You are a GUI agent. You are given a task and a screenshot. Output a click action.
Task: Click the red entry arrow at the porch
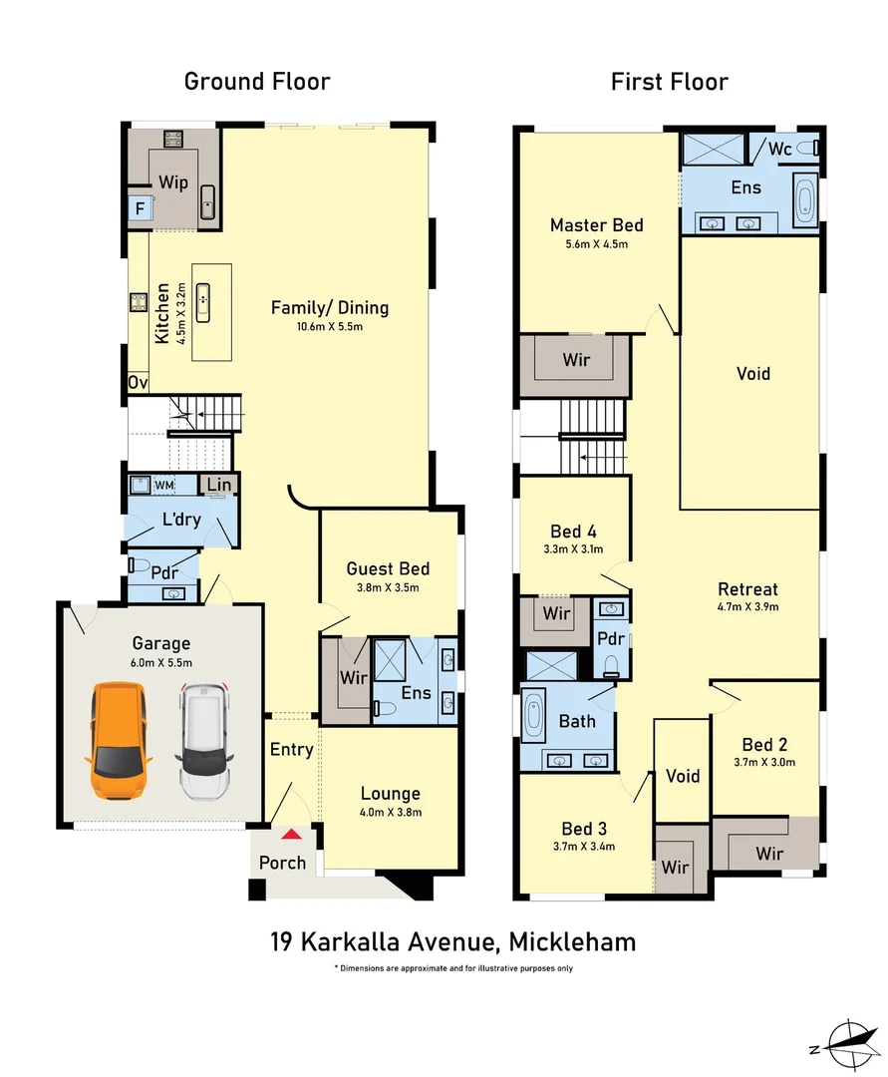290,835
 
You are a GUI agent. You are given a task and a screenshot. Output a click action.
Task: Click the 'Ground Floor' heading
257,81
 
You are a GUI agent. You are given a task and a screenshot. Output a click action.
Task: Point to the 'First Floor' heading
670,81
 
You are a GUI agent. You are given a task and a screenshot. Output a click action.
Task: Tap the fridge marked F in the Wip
140,209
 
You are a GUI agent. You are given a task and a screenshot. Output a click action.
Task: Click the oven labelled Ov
138,383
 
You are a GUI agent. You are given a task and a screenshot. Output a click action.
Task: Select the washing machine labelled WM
163,486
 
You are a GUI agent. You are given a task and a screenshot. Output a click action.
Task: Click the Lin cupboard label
219,486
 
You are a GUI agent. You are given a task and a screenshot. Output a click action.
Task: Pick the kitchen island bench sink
203,296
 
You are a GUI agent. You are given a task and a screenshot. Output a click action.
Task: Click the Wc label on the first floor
780,149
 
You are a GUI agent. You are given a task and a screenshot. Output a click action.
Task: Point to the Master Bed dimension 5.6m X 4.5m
596,244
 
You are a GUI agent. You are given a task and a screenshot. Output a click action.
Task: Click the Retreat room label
747,589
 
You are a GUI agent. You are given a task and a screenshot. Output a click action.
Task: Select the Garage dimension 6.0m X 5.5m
160,662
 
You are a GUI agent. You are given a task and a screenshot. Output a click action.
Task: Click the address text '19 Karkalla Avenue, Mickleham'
453,940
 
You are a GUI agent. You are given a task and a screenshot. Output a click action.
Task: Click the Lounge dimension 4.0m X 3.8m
390,812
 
